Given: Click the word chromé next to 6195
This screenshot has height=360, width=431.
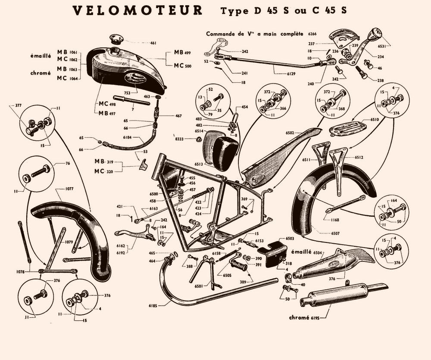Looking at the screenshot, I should pos(299,318).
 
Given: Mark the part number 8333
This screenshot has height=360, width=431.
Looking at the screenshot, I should pos(187,139).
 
